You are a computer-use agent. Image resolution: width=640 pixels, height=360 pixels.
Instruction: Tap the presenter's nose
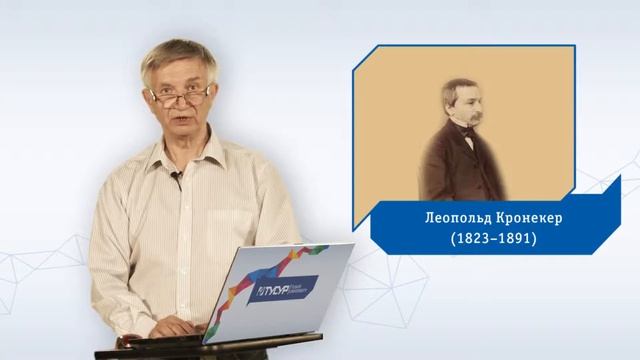coord(181,105)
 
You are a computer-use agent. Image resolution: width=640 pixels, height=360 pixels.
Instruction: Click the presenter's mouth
coord(180,123)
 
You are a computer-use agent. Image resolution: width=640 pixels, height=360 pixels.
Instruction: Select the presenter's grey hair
coord(178,55)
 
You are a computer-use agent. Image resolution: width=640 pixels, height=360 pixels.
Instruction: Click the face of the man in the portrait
coord(463,107)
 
